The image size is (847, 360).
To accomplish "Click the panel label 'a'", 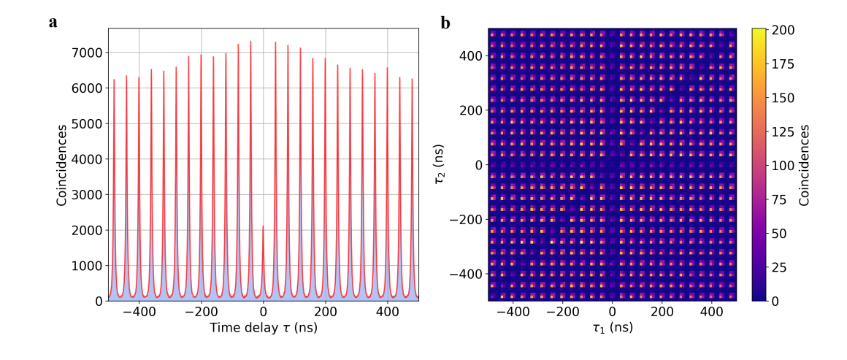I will [53, 23].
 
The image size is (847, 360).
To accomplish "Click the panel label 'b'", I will [445, 23].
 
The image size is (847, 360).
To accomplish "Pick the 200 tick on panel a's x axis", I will [325, 312].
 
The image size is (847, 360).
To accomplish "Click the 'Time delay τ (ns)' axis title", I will [263, 328].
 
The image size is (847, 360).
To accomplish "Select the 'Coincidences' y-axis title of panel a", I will [62, 164].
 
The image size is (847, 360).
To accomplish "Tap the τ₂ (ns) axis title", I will [439, 164].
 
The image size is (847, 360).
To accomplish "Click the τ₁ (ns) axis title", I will [612, 328].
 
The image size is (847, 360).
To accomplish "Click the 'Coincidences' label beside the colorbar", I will [804, 164].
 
